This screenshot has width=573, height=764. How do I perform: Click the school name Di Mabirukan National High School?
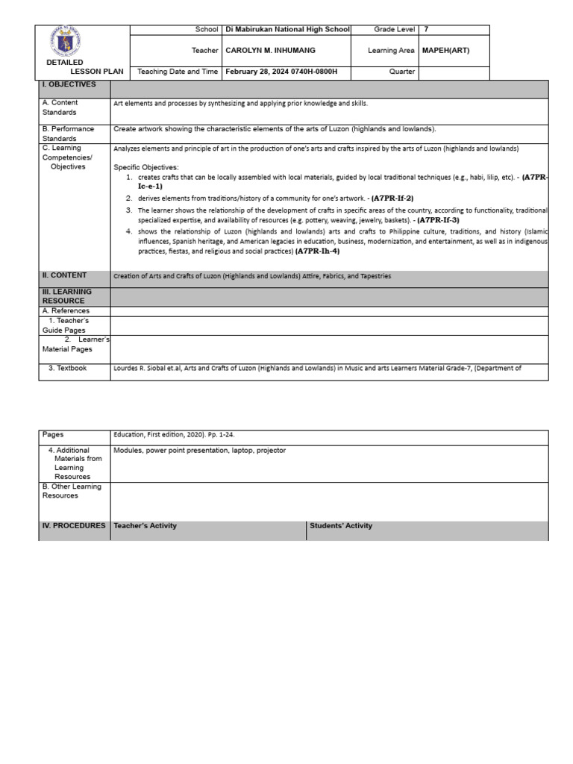pos(287,30)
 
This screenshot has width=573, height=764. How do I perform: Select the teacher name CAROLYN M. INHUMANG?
pos(267,51)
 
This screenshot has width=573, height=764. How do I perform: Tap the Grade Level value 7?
pos(426,30)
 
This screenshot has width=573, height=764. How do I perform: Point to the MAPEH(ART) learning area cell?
pos(445,51)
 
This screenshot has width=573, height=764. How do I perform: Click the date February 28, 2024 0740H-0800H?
pos(276,72)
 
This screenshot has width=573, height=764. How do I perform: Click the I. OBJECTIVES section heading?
pos(69,85)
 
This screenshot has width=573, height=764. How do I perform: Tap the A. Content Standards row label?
pos(60,107)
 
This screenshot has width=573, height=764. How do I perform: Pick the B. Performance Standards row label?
pos(68,134)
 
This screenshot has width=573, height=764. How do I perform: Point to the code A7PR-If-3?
pos(438,220)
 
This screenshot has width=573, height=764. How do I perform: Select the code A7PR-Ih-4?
pos(317,251)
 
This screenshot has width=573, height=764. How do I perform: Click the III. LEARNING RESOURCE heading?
pos(67,296)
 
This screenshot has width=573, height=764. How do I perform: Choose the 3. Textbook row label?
pos(67,368)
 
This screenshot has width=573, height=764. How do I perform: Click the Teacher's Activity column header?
pos(145,526)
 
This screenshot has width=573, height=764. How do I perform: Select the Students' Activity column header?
pos(341,526)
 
